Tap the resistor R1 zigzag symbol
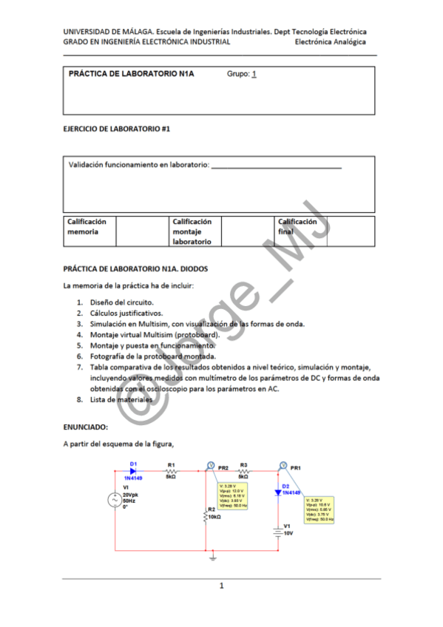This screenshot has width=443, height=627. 171,471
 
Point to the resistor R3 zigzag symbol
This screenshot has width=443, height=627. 243,471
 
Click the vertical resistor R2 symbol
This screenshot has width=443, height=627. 205,517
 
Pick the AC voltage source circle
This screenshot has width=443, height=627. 115,501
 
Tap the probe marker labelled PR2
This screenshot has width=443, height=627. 211,466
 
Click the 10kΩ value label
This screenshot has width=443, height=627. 215,517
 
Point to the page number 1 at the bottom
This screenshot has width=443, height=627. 220,586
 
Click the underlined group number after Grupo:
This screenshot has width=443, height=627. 254,74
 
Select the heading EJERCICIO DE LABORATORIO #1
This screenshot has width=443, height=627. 117,129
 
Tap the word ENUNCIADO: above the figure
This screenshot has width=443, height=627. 86,427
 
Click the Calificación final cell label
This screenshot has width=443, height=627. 297,226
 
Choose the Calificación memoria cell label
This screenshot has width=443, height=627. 87,226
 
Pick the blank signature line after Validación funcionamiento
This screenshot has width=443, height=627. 276,168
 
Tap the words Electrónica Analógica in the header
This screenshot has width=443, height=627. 330,42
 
